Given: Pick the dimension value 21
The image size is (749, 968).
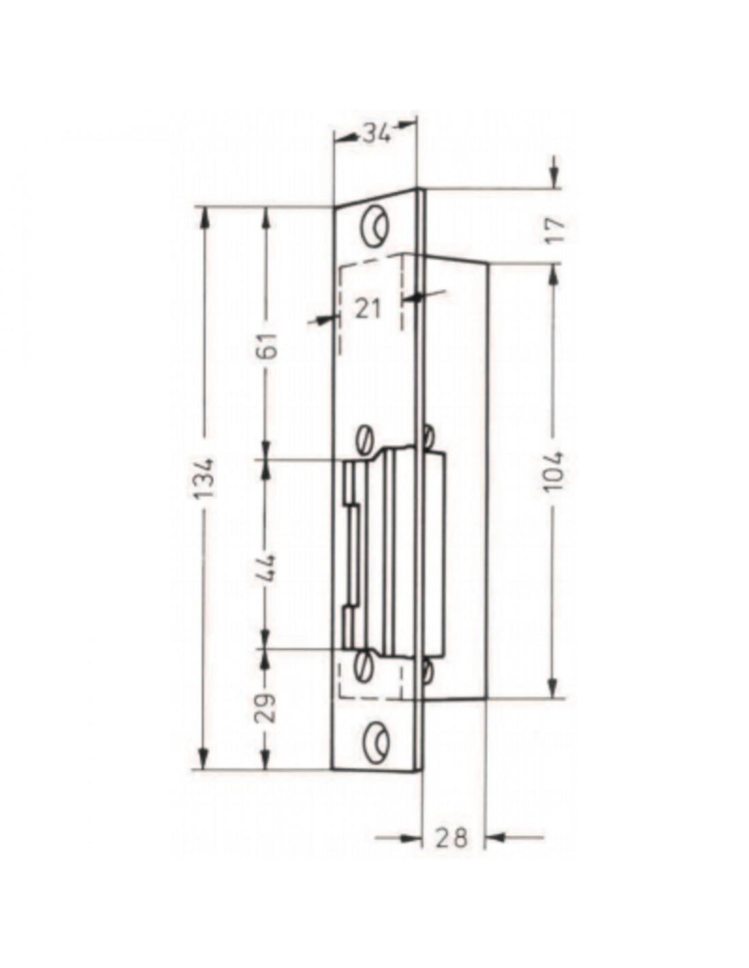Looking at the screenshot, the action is pos(368,308).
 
